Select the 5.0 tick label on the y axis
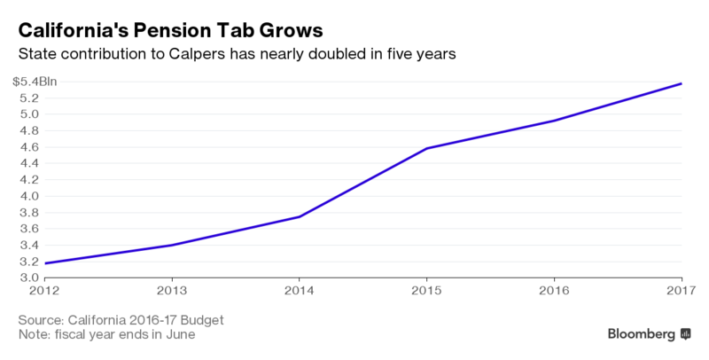[28, 114]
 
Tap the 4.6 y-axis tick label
[28, 147]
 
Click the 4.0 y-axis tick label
[28, 196]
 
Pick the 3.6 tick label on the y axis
[28, 229]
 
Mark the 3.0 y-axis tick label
[28, 278]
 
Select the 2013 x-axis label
[172, 290]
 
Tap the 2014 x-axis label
[300, 290]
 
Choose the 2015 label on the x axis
[427, 290]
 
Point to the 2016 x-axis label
[555, 290]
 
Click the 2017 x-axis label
[680, 290]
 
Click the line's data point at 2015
[427, 148]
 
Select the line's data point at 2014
[300, 216]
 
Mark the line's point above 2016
[555, 121]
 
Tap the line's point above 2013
[172, 245]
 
